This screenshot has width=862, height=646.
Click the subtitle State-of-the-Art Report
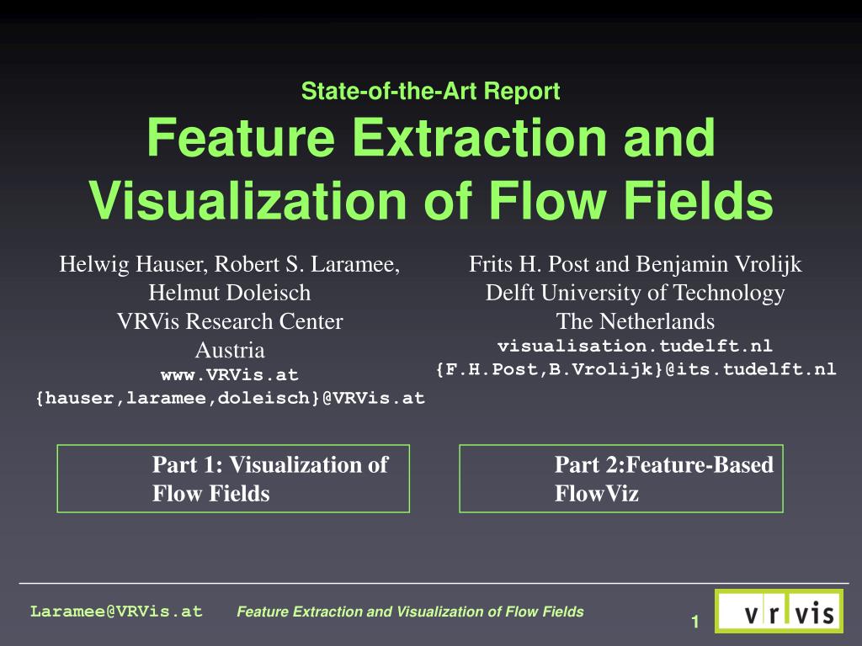pos(430,91)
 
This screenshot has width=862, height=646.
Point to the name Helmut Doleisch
pos(229,293)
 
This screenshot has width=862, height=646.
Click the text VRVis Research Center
pos(229,321)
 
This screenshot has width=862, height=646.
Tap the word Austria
pos(229,350)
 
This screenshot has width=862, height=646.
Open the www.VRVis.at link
pos(229,374)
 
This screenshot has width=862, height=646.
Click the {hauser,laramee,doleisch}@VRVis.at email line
pos(229,398)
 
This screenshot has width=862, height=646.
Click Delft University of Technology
pos(635,293)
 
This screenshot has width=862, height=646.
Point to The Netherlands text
pos(635,321)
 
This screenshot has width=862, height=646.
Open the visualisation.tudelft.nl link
pos(635,346)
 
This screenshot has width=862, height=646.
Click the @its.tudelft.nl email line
pos(635,369)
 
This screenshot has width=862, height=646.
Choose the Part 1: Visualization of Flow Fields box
pos(233,479)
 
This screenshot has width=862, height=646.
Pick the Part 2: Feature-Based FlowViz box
pos(621,479)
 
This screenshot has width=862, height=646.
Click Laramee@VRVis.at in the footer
pos(117,612)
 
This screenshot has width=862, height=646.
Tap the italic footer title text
pos(410,612)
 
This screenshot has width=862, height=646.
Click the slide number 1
pos(695,622)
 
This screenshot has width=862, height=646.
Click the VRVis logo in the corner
pos(779,612)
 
